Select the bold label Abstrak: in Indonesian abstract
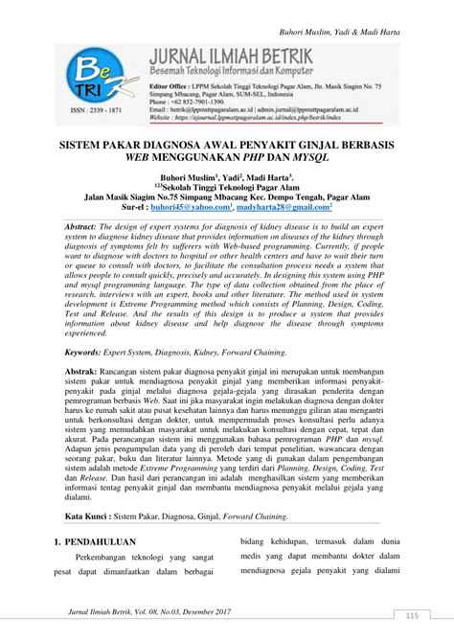point(85,369)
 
